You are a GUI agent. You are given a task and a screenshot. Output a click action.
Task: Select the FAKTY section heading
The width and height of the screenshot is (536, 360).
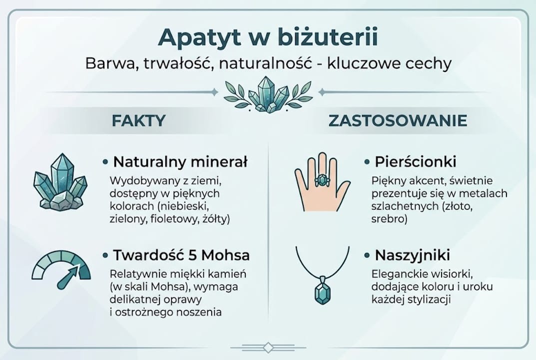(x=138, y=120)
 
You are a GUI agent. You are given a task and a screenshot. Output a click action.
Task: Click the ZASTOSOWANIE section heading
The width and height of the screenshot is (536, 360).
(x=398, y=120)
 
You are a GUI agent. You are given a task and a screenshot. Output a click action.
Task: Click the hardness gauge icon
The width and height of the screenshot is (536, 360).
(x=61, y=270)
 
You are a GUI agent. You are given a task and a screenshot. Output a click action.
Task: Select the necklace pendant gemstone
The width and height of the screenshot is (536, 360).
(x=322, y=292)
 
